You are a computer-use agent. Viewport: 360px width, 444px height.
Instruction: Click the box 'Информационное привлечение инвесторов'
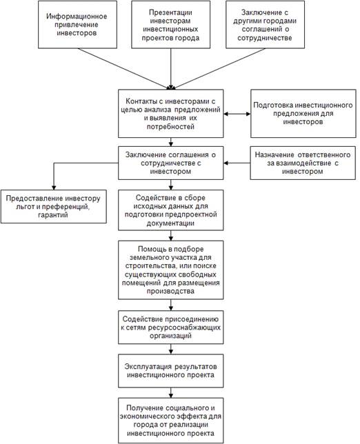tap(77, 24)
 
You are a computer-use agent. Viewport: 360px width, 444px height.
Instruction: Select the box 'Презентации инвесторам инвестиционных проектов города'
tap(170, 24)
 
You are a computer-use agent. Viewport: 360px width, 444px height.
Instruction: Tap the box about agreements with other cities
tap(265, 24)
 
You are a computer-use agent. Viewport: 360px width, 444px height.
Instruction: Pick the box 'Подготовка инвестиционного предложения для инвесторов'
tap(303, 114)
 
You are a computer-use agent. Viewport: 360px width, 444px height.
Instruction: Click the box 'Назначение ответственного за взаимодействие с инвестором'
tap(303, 163)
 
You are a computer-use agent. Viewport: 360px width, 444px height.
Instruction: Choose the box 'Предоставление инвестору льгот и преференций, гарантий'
tap(54, 206)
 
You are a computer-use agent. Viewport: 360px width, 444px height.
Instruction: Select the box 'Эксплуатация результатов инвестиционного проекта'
tap(170, 371)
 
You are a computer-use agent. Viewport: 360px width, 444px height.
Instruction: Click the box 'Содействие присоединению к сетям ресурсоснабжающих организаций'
tap(170, 327)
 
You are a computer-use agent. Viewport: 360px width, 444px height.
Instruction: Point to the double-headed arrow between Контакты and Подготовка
tap(237, 114)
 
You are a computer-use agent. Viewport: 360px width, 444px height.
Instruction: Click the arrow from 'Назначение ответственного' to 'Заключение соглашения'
tap(237, 163)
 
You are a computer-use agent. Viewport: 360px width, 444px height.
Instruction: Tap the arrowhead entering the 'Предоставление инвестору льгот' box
tap(54, 188)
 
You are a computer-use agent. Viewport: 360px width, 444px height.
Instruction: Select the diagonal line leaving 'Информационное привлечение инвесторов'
tap(123, 68)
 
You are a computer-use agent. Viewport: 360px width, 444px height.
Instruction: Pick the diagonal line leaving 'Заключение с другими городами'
tap(219, 68)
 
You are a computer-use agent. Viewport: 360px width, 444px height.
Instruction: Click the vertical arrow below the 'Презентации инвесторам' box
tap(170, 69)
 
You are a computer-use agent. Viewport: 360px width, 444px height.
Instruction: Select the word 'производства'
tap(170, 291)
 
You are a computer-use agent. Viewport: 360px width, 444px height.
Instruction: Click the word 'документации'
tap(170, 223)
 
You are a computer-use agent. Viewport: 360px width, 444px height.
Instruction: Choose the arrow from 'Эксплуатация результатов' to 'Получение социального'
tap(170, 392)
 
